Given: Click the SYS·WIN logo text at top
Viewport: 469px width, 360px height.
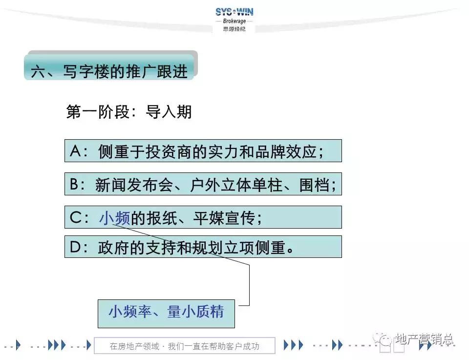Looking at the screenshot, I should [x=234, y=12].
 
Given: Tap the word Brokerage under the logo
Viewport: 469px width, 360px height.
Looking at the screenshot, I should [x=234, y=21].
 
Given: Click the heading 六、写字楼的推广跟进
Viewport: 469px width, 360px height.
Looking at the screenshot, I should [x=109, y=71].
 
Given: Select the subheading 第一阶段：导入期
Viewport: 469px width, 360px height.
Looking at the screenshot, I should [x=129, y=112].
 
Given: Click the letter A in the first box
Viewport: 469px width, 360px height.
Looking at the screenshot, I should [x=75, y=151].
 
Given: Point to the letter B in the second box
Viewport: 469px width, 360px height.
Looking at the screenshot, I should [x=75, y=184].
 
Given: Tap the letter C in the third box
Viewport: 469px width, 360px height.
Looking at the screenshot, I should [x=75, y=217].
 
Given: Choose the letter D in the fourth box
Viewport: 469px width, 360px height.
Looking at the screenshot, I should [x=75, y=247].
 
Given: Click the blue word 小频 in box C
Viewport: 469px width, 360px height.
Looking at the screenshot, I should [x=114, y=218].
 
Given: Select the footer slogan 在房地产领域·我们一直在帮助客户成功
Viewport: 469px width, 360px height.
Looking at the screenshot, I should [x=184, y=346].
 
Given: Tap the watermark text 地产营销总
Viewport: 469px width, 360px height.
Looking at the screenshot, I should [x=424, y=339].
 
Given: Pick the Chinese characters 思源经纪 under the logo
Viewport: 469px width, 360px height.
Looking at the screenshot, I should [x=234, y=29].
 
